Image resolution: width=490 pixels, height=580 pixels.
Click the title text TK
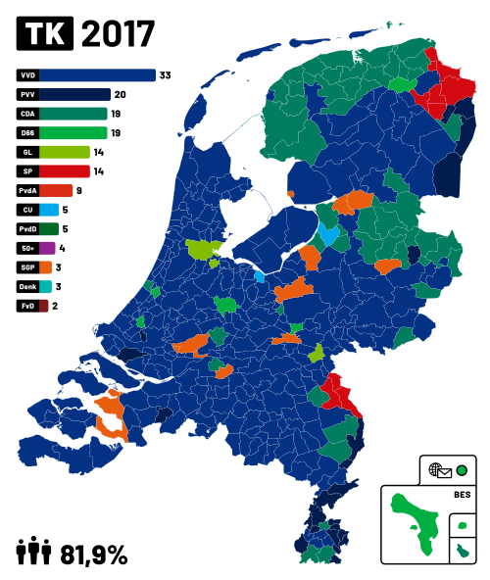point(45,35)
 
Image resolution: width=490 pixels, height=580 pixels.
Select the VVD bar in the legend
point(97,75)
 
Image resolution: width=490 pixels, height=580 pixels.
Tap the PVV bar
point(74,95)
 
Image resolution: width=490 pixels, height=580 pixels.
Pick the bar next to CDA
point(73,114)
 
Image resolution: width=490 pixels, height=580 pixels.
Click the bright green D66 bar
point(73,133)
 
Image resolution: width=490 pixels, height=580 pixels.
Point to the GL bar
point(65,152)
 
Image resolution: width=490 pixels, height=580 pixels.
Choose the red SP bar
point(65,171)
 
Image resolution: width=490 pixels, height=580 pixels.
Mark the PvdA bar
point(56,190)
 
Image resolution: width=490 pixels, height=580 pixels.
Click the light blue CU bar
point(49,210)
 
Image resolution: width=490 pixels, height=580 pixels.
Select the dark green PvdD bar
point(49,229)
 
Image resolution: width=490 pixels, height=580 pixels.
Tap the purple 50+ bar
point(47,248)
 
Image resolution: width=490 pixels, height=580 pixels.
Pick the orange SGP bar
point(46,267)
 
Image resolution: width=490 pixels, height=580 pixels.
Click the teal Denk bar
point(45,286)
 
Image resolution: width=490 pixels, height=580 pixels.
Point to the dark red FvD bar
point(44,306)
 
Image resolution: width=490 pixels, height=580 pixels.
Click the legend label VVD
point(27,75)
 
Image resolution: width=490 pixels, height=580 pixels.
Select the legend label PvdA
point(27,190)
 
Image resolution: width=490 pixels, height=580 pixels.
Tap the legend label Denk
point(27,286)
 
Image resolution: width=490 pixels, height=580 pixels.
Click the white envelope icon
point(444,473)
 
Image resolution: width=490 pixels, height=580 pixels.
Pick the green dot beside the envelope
point(462,470)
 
